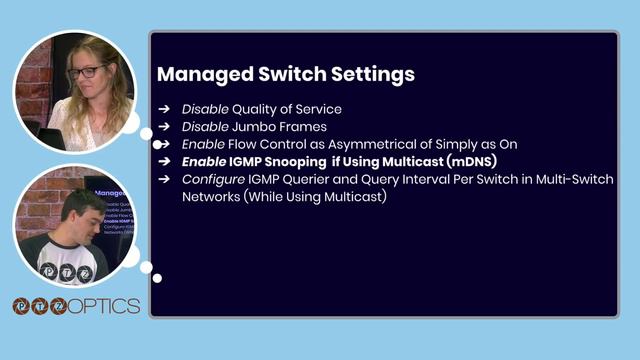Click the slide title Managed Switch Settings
285,74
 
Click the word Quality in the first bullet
255,110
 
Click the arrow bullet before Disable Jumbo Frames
164,127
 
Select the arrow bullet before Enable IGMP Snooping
164,161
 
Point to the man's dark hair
79,204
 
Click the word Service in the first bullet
326,110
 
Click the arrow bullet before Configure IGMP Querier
164,179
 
